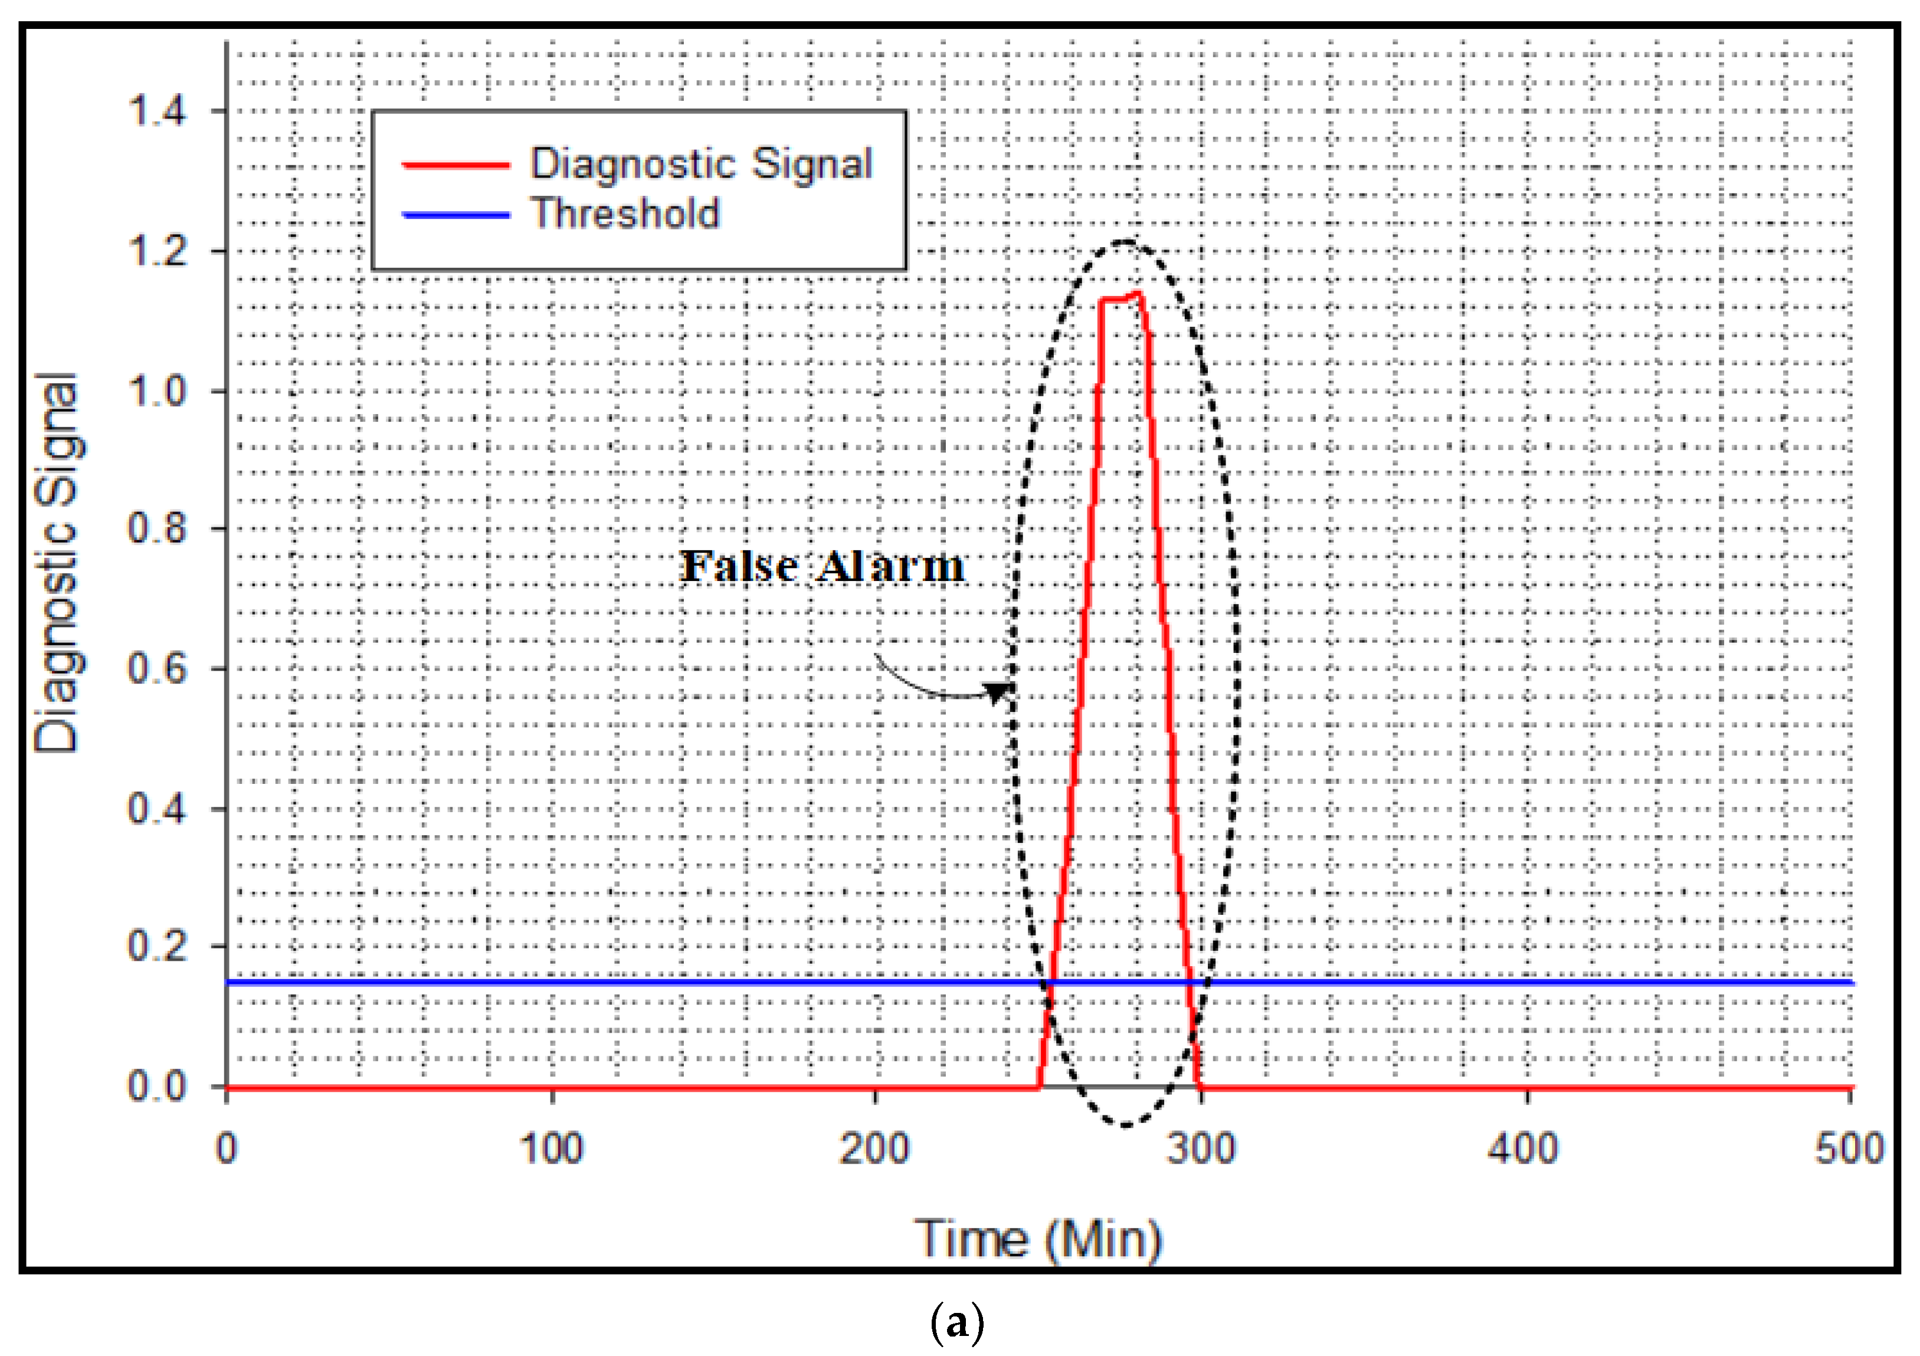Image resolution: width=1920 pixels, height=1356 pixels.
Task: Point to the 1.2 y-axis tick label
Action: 156,251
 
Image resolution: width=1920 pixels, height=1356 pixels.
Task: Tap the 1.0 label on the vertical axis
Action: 156,390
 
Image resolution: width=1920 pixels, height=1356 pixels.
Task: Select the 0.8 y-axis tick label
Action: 156,528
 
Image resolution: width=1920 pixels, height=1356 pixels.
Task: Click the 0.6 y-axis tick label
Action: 156,669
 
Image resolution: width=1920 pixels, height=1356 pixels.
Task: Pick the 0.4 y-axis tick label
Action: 156,809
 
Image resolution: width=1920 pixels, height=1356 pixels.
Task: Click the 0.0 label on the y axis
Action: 156,1087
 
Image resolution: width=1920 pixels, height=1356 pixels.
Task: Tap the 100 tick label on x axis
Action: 552,1150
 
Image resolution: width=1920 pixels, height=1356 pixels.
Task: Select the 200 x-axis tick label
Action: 874,1150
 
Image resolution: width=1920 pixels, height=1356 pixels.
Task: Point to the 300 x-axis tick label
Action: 1201,1150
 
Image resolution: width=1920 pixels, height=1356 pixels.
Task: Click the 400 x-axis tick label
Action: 1523,1150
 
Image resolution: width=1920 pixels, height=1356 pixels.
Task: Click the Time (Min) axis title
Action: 1038,1240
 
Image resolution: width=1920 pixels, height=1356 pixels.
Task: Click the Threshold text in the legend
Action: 625,214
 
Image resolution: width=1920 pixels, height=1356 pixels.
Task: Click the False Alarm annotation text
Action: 822,567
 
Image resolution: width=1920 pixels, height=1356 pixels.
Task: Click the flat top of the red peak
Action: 1119,298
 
